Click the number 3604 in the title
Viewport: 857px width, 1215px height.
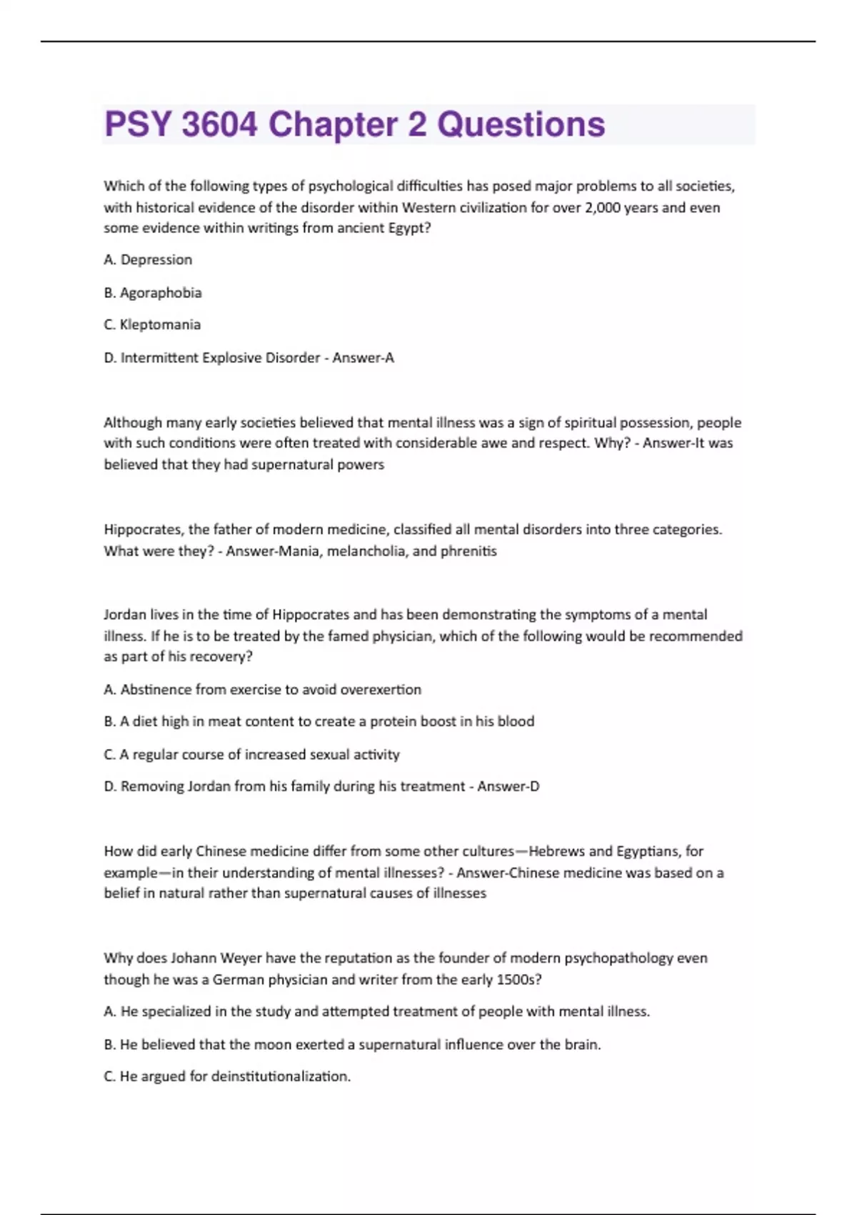coord(219,124)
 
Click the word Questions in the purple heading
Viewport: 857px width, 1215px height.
coord(521,124)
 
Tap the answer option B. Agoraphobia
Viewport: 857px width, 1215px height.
coord(153,293)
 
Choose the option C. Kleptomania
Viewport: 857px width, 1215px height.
coord(152,325)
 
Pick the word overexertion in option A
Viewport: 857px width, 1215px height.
coord(381,690)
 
